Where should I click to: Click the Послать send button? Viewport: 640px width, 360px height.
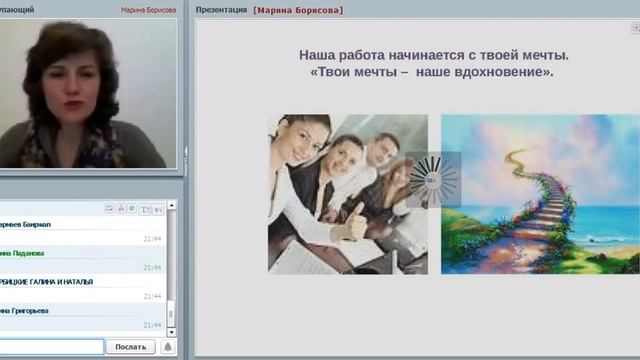click(x=130, y=347)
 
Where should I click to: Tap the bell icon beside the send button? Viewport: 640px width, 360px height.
click(x=168, y=347)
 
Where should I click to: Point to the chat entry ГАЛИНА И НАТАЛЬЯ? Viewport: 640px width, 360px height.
click(x=50, y=282)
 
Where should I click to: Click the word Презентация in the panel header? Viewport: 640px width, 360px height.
click(x=222, y=9)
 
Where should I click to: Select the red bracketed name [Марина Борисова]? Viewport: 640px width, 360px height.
click(x=298, y=9)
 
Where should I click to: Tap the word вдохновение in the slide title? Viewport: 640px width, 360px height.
click(x=497, y=72)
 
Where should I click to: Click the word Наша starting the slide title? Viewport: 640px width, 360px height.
click(x=319, y=54)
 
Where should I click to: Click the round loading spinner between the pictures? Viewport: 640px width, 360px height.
click(x=433, y=180)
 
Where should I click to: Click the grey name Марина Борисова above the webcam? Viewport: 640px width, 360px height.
click(x=148, y=9)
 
